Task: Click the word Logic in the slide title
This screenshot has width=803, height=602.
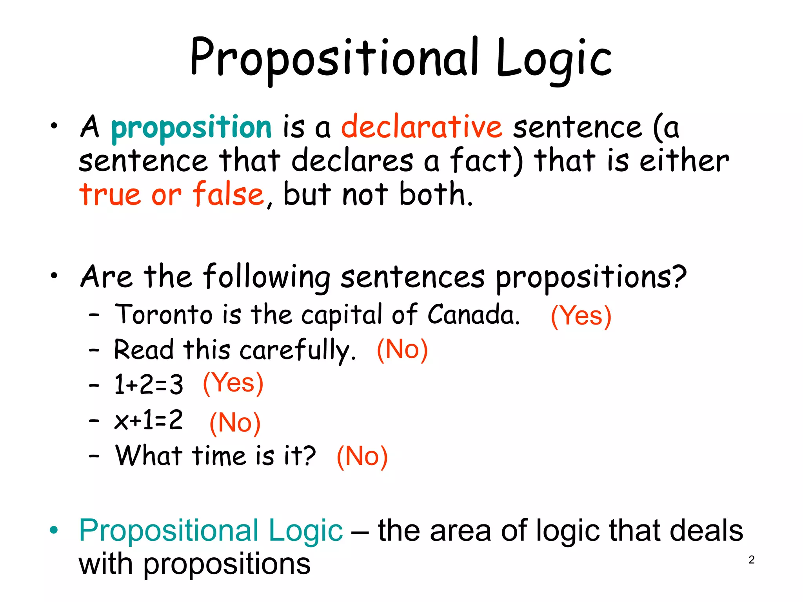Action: tap(554, 59)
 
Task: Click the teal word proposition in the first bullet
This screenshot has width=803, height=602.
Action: tap(191, 127)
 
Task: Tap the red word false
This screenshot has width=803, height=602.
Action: tap(228, 194)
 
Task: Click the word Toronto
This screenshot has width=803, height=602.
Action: tap(164, 314)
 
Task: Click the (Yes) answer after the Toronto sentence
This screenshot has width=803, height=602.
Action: tap(581, 316)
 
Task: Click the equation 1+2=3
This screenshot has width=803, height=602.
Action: tap(149, 384)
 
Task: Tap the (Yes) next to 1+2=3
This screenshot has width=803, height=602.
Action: tap(233, 383)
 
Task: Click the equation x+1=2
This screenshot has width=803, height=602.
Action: tap(149, 420)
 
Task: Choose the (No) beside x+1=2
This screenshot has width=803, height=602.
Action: tap(235, 422)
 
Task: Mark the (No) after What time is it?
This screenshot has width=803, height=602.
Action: tap(362, 456)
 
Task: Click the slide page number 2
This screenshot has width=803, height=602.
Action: tap(751, 560)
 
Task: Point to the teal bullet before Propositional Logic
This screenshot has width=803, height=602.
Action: tap(54, 530)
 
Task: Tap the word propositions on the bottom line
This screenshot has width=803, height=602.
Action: tap(227, 564)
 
